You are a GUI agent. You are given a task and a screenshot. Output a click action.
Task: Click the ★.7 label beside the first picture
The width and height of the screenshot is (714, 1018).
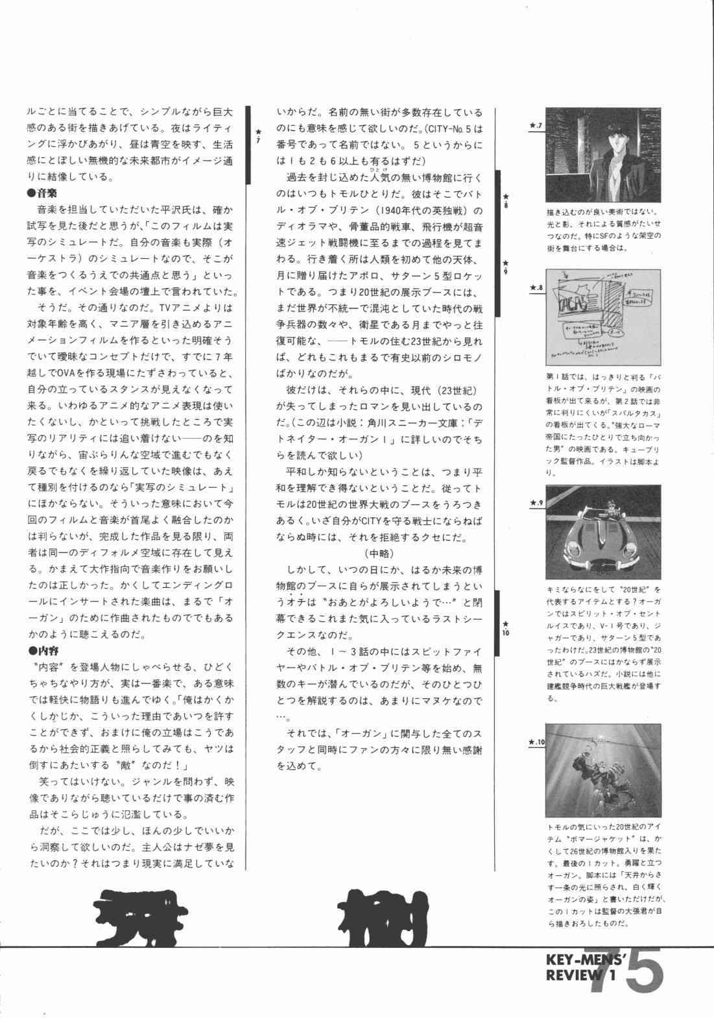[536, 125]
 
